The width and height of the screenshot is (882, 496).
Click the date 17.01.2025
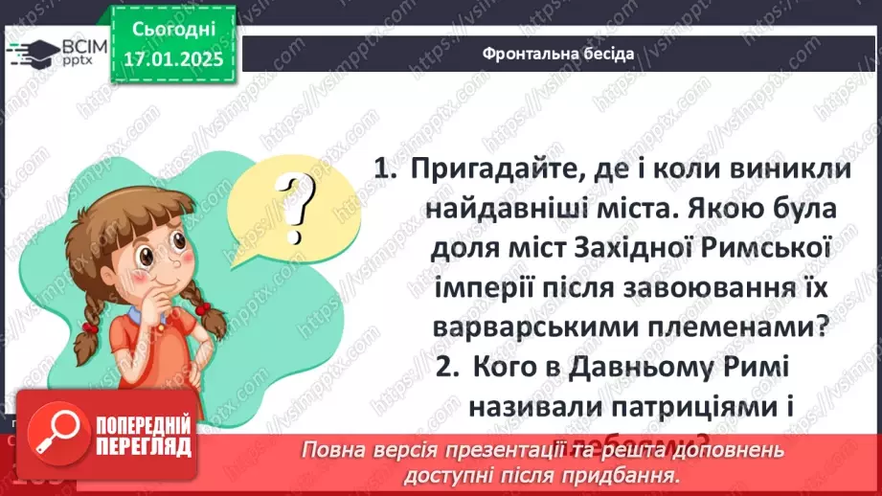tap(175, 59)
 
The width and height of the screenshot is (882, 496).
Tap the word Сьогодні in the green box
tap(176, 31)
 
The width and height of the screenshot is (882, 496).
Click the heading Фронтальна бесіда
tap(558, 54)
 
